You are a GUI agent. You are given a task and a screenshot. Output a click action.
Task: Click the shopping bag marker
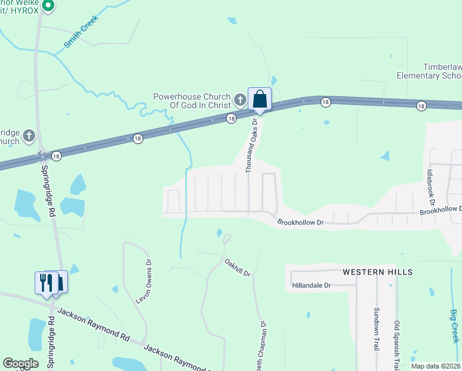(x=259, y=99)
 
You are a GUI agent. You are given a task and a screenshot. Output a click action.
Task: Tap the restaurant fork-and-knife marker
(x=44, y=283)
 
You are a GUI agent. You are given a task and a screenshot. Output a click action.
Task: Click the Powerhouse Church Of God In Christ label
(x=191, y=101)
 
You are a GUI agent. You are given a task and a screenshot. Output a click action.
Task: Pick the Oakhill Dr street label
(x=237, y=268)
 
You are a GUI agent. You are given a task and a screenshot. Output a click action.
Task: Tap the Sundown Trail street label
(x=376, y=328)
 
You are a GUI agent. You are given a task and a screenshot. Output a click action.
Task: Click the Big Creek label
(x=455, y=326)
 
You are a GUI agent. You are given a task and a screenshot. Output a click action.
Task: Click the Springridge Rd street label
(x=49, y=191)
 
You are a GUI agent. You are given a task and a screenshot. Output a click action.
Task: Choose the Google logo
(x=20, y=364)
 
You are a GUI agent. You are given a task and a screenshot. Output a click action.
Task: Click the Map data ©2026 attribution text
(x=436, y=367)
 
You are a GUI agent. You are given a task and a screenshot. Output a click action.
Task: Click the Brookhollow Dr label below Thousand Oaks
(x=300, y=222)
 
